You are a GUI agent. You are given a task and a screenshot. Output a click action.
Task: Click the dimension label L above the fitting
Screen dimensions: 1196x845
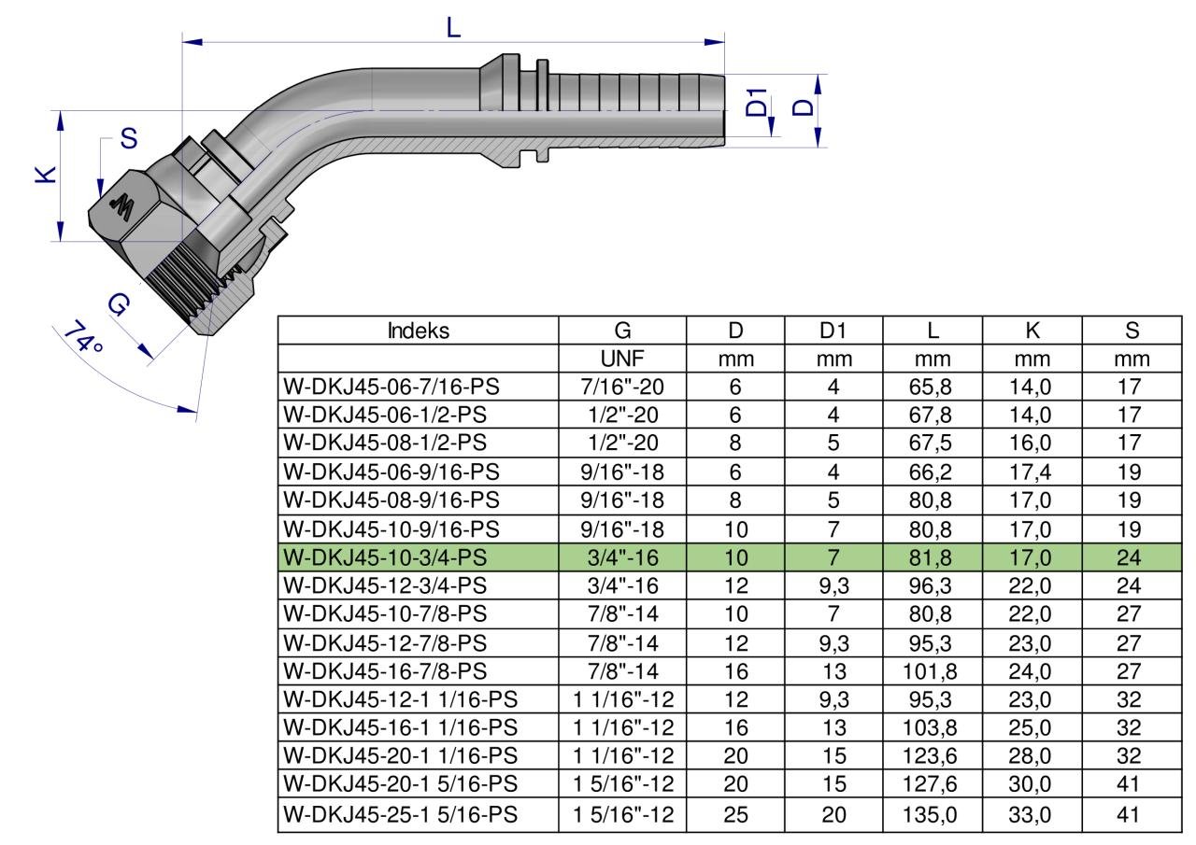click(x=453, y=27)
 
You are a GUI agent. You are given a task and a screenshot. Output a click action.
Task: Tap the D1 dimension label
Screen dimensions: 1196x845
click(x=756, y=103)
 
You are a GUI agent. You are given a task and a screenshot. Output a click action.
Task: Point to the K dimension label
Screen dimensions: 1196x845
click(x=46, y=175)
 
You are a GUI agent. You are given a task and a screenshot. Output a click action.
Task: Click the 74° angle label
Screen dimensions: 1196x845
click(x=84, y=337)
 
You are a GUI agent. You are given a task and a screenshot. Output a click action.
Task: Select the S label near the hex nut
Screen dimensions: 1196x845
click(x=129, y=139)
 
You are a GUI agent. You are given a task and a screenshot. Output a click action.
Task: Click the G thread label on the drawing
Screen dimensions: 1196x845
click(x=119, y=304)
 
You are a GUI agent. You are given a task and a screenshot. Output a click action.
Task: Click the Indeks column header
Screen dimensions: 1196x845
click(x=418, y=331)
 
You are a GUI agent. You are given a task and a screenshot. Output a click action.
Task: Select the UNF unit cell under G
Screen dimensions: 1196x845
click(x=622, y=359)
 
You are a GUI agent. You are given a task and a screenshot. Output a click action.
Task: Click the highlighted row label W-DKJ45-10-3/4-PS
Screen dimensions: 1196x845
click(x=385, y=557)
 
